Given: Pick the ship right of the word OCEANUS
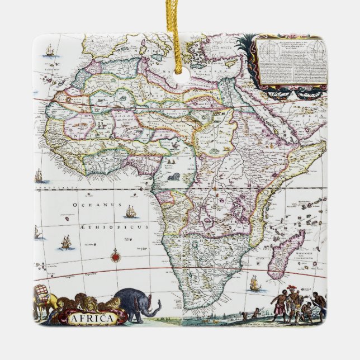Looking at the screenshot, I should point(131,211).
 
